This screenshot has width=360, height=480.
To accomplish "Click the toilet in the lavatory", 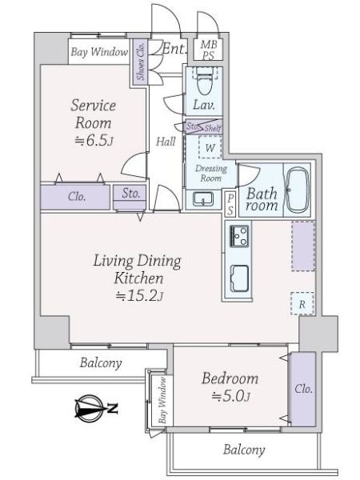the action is [203, 81].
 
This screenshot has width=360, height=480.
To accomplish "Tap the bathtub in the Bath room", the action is [297, 190].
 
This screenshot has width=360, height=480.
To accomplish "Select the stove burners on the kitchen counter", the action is [239, 235].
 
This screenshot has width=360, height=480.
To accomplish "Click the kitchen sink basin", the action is [239, 278].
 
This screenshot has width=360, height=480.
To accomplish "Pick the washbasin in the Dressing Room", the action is [202, 198].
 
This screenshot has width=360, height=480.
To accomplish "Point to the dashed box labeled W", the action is [210, 147].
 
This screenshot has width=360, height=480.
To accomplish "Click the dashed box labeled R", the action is [302, 304].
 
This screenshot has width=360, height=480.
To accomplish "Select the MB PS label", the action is [209, 50].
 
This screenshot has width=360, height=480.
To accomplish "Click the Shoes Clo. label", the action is [141, 61].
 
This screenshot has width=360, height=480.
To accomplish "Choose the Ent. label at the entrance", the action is [174, 49].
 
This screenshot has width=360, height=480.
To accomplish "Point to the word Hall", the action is [166, 142].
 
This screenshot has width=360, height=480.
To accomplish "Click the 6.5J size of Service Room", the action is [94, 141].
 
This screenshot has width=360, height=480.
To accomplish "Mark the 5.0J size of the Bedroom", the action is [231, 397].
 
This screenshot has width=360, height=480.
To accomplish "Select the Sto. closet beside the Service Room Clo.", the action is [129, 197].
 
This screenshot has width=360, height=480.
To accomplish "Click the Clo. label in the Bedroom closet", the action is [304, 389].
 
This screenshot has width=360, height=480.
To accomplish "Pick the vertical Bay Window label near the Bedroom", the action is [162, 400].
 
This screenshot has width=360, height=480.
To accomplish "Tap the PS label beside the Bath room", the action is [230, 203].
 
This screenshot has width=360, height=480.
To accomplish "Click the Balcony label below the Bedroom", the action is [244, 450].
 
